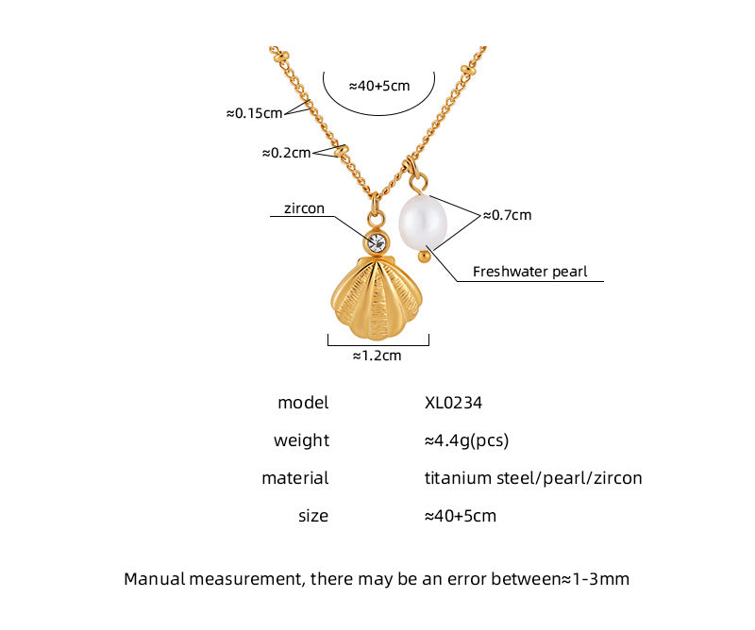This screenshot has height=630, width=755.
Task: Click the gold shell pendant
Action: pos(378,299)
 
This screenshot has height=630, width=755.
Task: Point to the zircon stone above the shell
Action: pos(377,241)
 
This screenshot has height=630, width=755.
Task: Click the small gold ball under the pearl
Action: pos(425,255)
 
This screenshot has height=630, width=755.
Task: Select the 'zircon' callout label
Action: pos(304,208)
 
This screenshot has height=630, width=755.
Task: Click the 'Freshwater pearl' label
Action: pos(529,272)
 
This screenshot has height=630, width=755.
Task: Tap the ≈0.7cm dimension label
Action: pos(507,215)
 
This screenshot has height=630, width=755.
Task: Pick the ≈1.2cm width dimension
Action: pos(377,356)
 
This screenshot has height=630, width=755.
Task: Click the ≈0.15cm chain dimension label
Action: pos(254,113)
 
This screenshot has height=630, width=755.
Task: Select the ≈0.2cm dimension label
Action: pos(285,152)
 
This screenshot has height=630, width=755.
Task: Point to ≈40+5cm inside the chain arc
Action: pos(379,85)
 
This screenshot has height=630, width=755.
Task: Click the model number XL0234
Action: pos(454,403)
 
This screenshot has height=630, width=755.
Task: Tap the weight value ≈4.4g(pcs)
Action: pos(467,440)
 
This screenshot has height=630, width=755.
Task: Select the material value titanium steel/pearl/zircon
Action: pos(533,478)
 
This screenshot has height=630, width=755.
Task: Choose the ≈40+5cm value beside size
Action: pos(461,516)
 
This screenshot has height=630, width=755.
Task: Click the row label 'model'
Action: pos(303,403)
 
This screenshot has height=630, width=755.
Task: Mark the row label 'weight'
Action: pos(301,440)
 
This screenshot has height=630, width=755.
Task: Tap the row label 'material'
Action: pos(294,478)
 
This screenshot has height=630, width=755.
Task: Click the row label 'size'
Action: pos(312,516)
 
